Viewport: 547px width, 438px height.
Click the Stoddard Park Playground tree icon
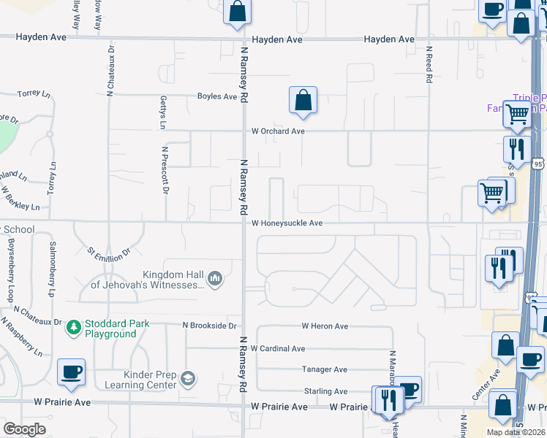point(73,328)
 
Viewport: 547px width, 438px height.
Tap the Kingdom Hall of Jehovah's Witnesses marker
point(215,278)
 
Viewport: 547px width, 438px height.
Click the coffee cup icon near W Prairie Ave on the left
point(71,372)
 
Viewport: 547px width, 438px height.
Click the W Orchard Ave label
point(277,131)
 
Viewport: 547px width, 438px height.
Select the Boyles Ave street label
point(217,96)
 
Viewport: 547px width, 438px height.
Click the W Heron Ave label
point(325,326)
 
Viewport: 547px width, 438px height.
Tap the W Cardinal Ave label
point(278,349)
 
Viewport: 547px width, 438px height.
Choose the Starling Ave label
point(325,391)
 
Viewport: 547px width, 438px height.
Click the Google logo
point(24,429)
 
